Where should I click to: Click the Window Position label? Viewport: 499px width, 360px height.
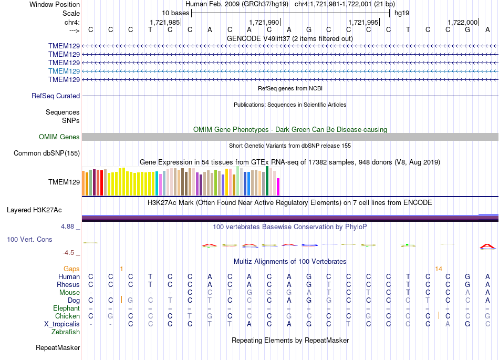[55, 4]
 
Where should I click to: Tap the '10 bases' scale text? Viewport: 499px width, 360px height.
[175, 13]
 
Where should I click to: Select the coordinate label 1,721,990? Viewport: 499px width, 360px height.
[264, 22]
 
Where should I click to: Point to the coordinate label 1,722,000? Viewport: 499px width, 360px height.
[463, 22]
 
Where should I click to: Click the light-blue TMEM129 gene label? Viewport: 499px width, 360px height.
[64, 71]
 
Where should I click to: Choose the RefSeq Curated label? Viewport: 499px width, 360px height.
[56, 96]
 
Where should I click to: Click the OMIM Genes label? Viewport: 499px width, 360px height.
[59, 137]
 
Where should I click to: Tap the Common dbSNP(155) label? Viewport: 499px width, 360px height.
[47, 153]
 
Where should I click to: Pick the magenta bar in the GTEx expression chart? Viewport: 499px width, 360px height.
[278, 187]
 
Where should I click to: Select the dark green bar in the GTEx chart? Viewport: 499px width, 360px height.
[267, 181]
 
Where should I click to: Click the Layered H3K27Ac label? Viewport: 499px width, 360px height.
[34, 210]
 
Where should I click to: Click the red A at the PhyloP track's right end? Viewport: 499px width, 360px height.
[487, 246]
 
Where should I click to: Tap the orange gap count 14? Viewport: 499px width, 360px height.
[439, 269]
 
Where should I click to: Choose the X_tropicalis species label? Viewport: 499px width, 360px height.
[62, 324]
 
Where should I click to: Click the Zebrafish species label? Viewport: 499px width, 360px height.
[66, 332]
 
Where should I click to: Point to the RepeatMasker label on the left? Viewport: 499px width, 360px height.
[58, 347]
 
